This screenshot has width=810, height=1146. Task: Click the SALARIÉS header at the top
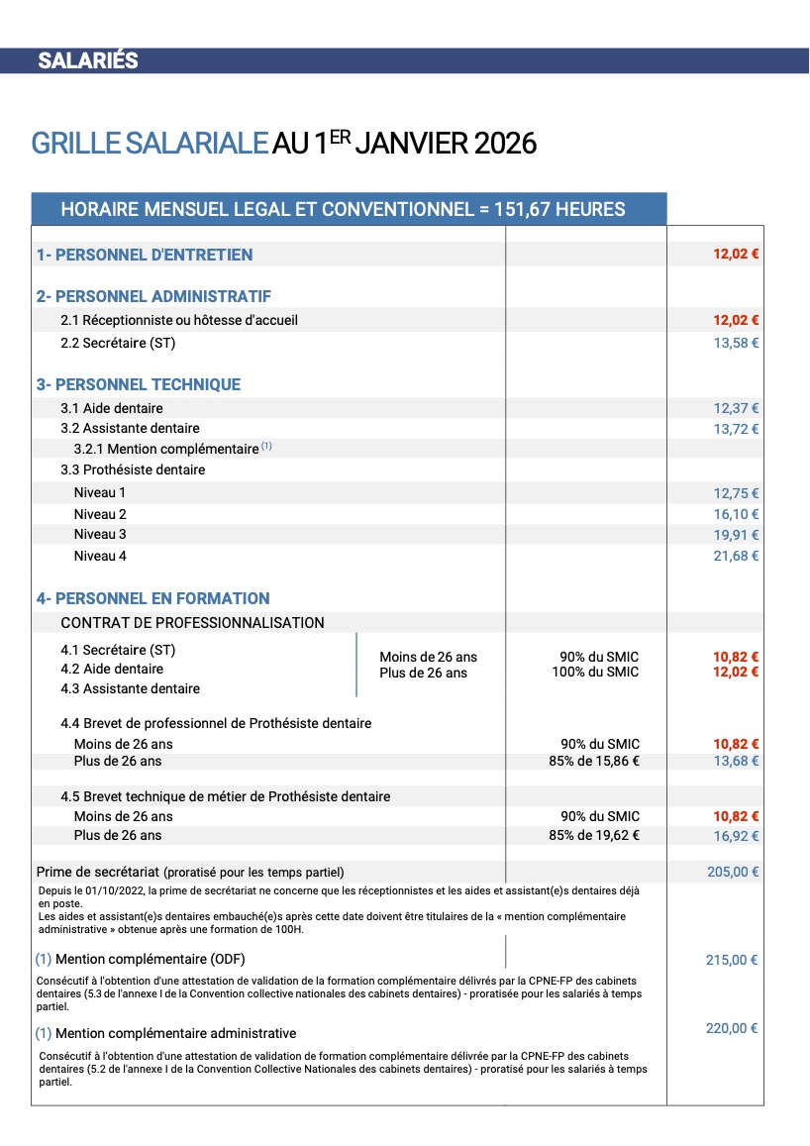coord(87,60)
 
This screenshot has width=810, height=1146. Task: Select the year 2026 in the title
coord(505,144)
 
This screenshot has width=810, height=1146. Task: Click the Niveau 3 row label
coord(100,535)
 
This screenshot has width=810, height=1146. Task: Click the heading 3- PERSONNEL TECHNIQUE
coord(139,384)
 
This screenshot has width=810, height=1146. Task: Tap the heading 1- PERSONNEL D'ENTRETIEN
coord(145,255)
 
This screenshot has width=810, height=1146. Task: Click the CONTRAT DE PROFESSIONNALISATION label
coord(192,623)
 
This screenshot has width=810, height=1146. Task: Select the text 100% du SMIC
coord(595,673)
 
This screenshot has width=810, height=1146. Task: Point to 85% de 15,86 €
coord(594,761)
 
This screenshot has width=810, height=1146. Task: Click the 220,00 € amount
coord(732,1028)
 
